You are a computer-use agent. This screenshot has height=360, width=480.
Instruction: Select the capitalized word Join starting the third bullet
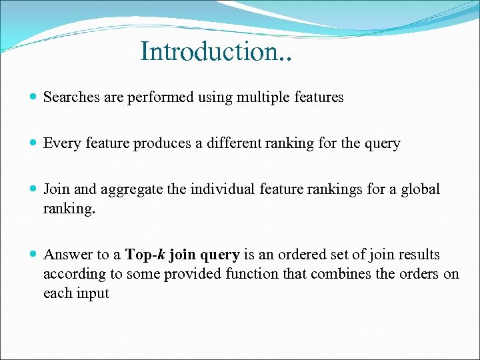pos(56,189)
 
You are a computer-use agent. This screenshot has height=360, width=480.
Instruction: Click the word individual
pos(221,189)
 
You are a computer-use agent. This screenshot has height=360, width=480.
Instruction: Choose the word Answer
pos(65,255)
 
